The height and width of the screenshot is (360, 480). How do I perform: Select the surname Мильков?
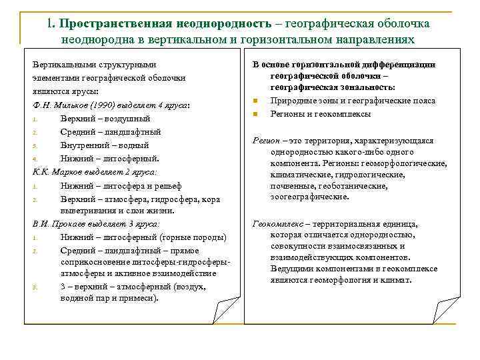[63, 105]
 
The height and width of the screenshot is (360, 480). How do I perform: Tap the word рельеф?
[167, 185]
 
